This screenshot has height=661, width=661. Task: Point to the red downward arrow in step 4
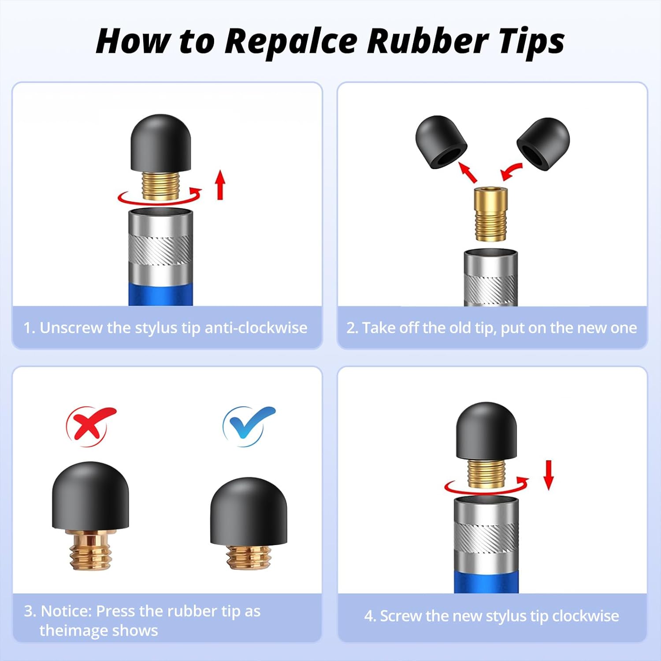548,475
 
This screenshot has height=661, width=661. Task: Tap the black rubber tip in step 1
161,143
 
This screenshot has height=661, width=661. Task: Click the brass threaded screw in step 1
161,185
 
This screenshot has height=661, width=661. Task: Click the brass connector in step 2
490,214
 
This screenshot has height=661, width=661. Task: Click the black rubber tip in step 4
486,431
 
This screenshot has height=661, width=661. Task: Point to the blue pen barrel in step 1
160,294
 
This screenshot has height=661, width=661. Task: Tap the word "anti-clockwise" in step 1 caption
256,328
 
